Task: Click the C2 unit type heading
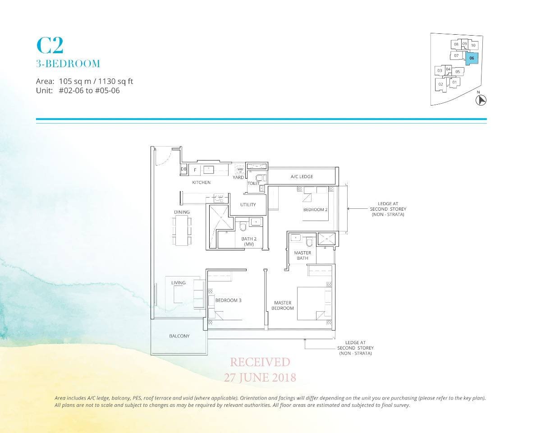(50, 45)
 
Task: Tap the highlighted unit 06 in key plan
(471, 58)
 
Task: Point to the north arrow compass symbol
(481, 100)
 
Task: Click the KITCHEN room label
(201, 183)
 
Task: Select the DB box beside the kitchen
(183, 170)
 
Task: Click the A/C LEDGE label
(302, 176)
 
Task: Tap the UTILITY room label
(248, 205)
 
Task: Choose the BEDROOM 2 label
(315, 210)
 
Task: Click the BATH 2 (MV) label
(249, 241)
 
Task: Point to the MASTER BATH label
(303, 255)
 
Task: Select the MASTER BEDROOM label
(283, 305)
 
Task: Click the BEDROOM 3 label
(228, 300)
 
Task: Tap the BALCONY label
(179, 336)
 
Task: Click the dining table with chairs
(182, 230)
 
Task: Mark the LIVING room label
(178, 283)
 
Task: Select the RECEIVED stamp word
(260, 362)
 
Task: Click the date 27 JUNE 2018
(260, 377)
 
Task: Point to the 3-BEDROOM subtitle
(68, 64)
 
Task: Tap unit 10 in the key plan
(473, 45)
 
